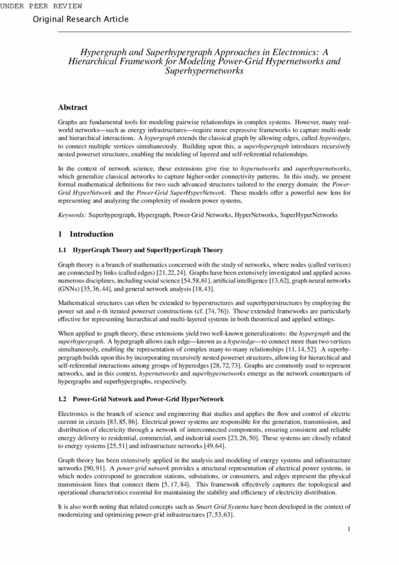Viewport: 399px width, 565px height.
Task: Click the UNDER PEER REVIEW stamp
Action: pos(42,6)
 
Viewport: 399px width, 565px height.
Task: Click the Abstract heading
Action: pos(73,107)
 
